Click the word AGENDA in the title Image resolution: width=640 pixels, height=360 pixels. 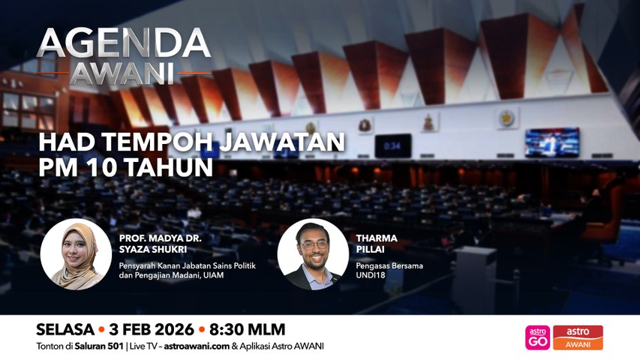[x=124, y=43]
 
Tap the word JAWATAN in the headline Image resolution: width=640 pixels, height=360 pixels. [x=282, y=142]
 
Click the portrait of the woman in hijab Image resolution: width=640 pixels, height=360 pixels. [x=77, y=254]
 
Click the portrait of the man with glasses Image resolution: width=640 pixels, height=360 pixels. [x=313, y=254]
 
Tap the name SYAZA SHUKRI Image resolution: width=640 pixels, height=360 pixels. [x=153, y=249]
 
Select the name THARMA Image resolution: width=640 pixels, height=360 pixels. [x=377, y=238]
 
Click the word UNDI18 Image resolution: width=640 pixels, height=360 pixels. [x=370, y=275]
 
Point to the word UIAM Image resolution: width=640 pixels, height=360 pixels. [x=214, y=275]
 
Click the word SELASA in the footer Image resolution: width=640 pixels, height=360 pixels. [x=65, y=329]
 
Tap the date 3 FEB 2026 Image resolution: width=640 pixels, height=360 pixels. [x=152, y=329]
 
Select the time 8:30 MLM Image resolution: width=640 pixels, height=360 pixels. [x=248, y=329]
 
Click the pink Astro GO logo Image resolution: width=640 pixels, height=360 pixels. [x=537, y=337]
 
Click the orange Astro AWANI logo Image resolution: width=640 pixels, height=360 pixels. [x=578, y=337]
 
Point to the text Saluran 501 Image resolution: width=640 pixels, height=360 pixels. [x=99, y=346]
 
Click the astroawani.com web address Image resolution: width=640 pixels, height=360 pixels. [x=197, y=346]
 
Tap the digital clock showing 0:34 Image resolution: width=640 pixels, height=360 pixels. [x=392, y=145]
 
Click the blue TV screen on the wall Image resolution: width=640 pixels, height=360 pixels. [x=551, y=142]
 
